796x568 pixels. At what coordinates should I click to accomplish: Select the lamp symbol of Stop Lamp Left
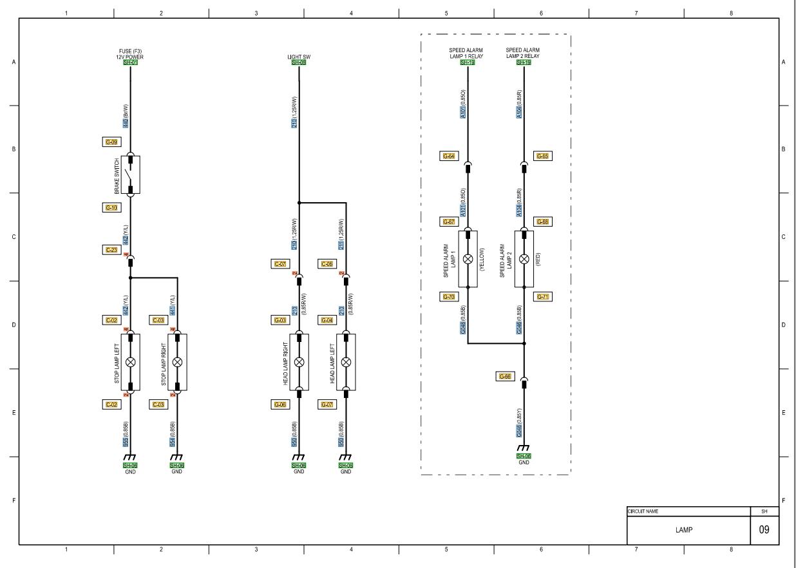click(131, 362)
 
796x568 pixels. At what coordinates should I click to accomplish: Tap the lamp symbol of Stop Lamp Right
click(178, 362)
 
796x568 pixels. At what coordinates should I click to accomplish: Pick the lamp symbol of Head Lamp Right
click(299, 362)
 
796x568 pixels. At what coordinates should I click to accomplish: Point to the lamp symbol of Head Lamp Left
click(346, 362)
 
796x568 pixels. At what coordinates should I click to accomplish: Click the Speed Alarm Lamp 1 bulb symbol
click(468, 259)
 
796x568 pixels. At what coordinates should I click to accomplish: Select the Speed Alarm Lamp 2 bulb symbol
click(524, 259)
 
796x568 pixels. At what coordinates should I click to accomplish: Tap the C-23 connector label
click(111, 249)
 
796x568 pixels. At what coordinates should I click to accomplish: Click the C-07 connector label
click(280, 264)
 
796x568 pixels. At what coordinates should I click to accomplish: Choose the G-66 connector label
click(505, 376)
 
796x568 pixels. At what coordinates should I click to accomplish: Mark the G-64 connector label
click(449, 156)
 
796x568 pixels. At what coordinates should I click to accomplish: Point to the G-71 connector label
click(543, 297)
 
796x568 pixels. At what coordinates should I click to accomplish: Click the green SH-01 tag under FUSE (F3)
click(130, 62)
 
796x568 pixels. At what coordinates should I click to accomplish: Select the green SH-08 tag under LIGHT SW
click(299, 62)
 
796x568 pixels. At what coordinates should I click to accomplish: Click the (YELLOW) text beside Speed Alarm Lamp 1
click(482, 259)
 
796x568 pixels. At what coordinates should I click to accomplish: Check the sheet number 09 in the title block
click(764, 531)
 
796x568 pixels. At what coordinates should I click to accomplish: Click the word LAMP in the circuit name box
click(684, 531)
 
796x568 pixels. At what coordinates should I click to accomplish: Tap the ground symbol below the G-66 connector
click(524, 448)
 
